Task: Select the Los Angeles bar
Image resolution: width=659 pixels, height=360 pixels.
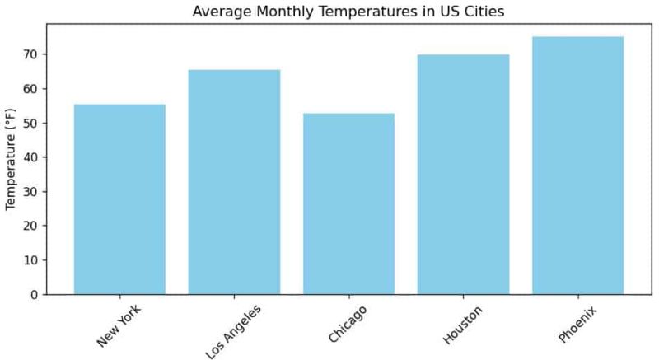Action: [x=234, y=182]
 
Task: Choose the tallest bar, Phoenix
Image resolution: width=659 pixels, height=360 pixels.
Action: [x=577, y=166]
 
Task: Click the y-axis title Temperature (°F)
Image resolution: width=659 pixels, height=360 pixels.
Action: [x=11, y=159]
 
